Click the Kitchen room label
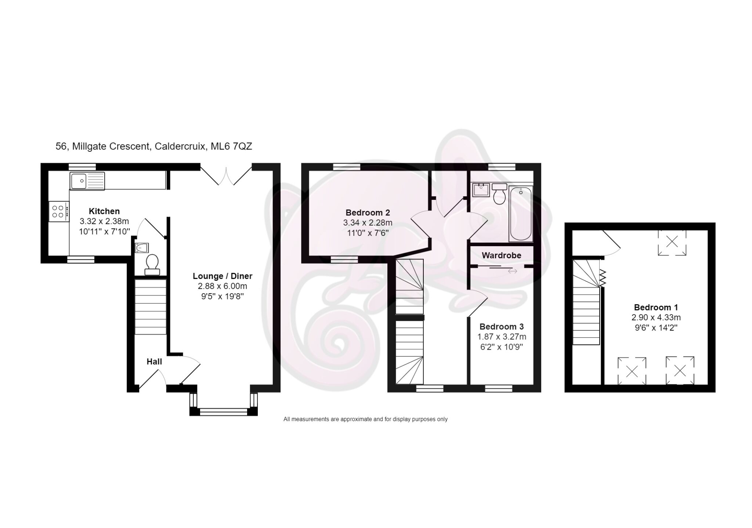(104, 211)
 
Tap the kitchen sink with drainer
(87, 181)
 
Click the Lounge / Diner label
(223, 276)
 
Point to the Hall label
(154, 362)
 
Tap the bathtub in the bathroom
(521, 214)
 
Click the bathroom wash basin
(480, 190)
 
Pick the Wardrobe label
(501, 255)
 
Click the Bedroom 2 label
(368, 212)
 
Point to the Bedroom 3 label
(502, 327)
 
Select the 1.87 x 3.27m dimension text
(502, 337)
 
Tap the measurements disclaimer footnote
(365, 419)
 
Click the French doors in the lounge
(226, 176)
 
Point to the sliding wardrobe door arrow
(513, 271)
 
